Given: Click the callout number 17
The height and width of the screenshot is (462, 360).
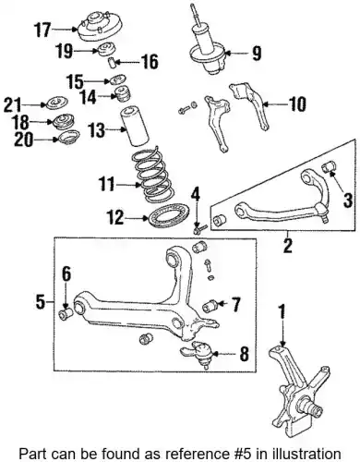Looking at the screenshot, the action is (x=42, y=30).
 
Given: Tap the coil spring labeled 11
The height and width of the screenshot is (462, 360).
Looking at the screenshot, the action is (x=150, y=175).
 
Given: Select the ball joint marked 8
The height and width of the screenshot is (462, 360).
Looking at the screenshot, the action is (x=198, y=353).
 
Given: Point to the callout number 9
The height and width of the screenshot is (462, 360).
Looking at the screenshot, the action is (x=256, y=53).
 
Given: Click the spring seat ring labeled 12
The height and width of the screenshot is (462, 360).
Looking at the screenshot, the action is (x=169, y=216).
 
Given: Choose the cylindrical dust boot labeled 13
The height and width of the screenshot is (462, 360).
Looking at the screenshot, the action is (x=134, y=126).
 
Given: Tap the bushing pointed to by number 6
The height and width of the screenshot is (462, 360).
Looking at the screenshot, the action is (x=66, y=314).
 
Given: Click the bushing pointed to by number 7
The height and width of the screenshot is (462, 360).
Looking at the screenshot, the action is (x=210, y=306).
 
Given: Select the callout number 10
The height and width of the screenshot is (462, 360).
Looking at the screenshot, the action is (x=297, y=104).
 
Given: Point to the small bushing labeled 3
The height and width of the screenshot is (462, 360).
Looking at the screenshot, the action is (x=329, y=166).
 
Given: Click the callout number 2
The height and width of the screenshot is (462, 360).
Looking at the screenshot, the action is (x=288, y=246).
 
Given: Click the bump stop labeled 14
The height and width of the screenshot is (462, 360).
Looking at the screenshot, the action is (x=123, y=93).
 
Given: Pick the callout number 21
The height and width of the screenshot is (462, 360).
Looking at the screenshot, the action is (x=12, y=104).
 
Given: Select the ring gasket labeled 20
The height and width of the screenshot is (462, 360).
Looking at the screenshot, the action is (x=69, y=137).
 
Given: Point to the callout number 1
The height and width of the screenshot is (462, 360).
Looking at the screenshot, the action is (x=282, y=312).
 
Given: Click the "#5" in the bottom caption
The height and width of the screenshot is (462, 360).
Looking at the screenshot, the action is (x=239, y=454).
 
